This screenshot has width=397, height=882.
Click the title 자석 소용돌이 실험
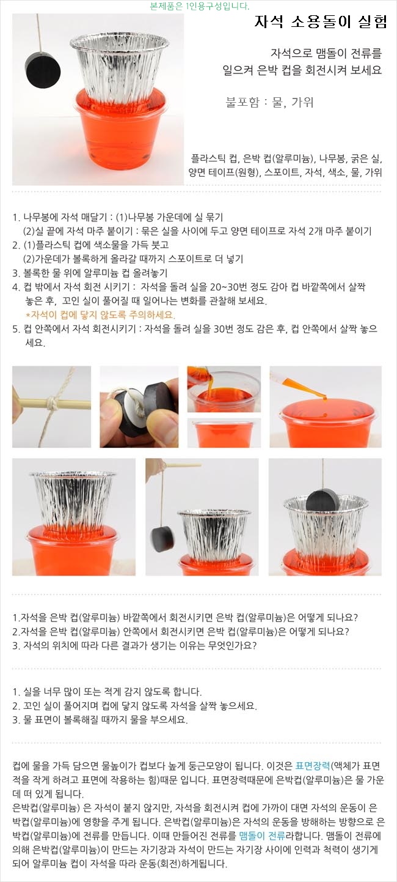click(321, 21)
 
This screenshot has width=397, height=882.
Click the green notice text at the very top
click(199, 6)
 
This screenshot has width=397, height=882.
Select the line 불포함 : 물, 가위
click(269, 102)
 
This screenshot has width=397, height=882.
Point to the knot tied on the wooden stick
click(52, 403)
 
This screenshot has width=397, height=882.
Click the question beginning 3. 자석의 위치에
click(134, 645)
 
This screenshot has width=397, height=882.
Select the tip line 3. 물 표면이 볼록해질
click(100, 719)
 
